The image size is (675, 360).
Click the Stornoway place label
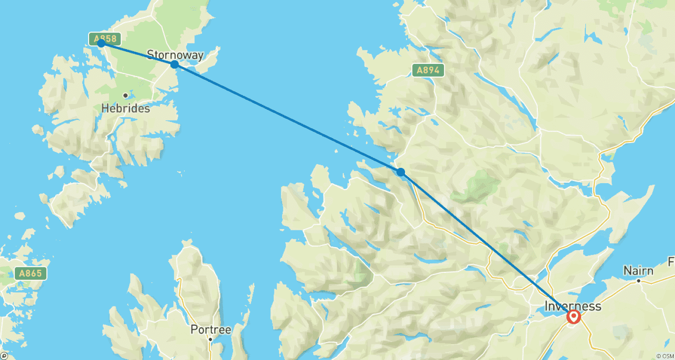point(175,55)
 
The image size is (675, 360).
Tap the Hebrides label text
point(126,108)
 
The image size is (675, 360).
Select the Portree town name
point(211,330)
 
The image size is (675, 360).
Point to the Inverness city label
point(572,306)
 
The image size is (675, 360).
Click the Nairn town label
point(638,271)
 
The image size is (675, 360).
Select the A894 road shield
point(428,70)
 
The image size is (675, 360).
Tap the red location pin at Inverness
point(574,317)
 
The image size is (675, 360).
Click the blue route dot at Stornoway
point(174,64)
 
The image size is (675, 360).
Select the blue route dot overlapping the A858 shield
point(101,43)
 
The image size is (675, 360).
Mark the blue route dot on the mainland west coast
point(400,172)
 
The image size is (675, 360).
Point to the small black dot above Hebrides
point(125,95)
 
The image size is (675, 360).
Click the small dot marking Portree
point(210,339)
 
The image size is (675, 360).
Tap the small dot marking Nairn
point(639,281)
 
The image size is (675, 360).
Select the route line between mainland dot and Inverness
point(486,243)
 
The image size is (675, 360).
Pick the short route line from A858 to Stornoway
point(137,54)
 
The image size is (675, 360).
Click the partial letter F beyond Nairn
point(671,261)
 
